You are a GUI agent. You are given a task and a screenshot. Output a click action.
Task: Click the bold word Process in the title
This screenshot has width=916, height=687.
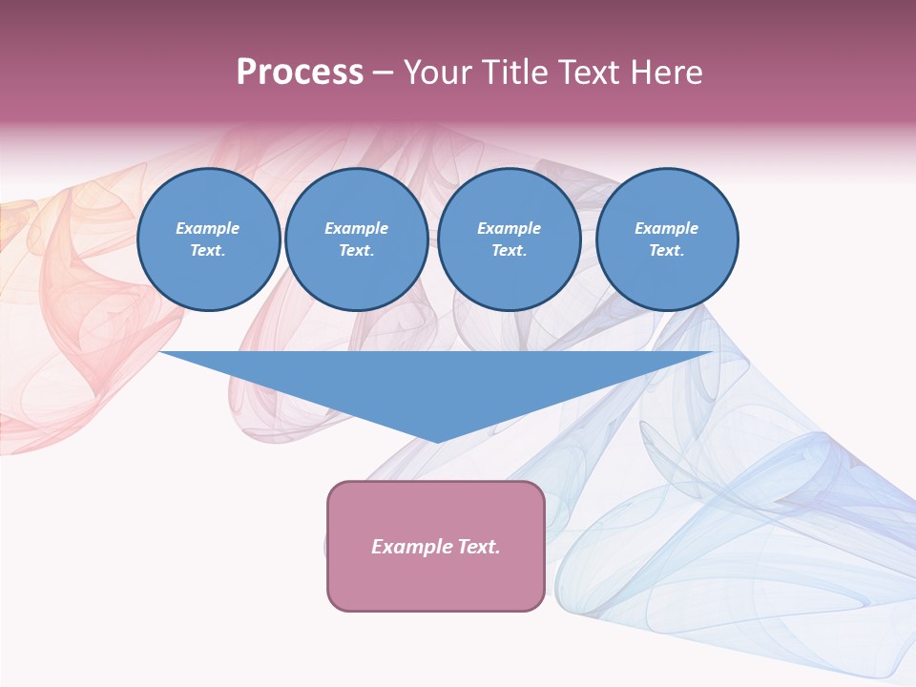point(300,73)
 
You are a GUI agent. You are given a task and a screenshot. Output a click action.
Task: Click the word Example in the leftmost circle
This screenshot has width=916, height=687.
point(208,228)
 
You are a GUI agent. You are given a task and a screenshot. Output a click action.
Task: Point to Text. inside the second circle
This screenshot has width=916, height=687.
point(356,251)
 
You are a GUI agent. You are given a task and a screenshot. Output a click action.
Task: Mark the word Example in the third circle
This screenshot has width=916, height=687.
point(509,228)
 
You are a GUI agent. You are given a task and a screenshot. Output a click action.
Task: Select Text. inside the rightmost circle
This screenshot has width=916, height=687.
point(666,251)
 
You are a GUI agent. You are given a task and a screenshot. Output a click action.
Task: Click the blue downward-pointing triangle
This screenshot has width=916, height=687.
point(436,382)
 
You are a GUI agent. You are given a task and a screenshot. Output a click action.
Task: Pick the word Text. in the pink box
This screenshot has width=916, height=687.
point(478,547)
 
